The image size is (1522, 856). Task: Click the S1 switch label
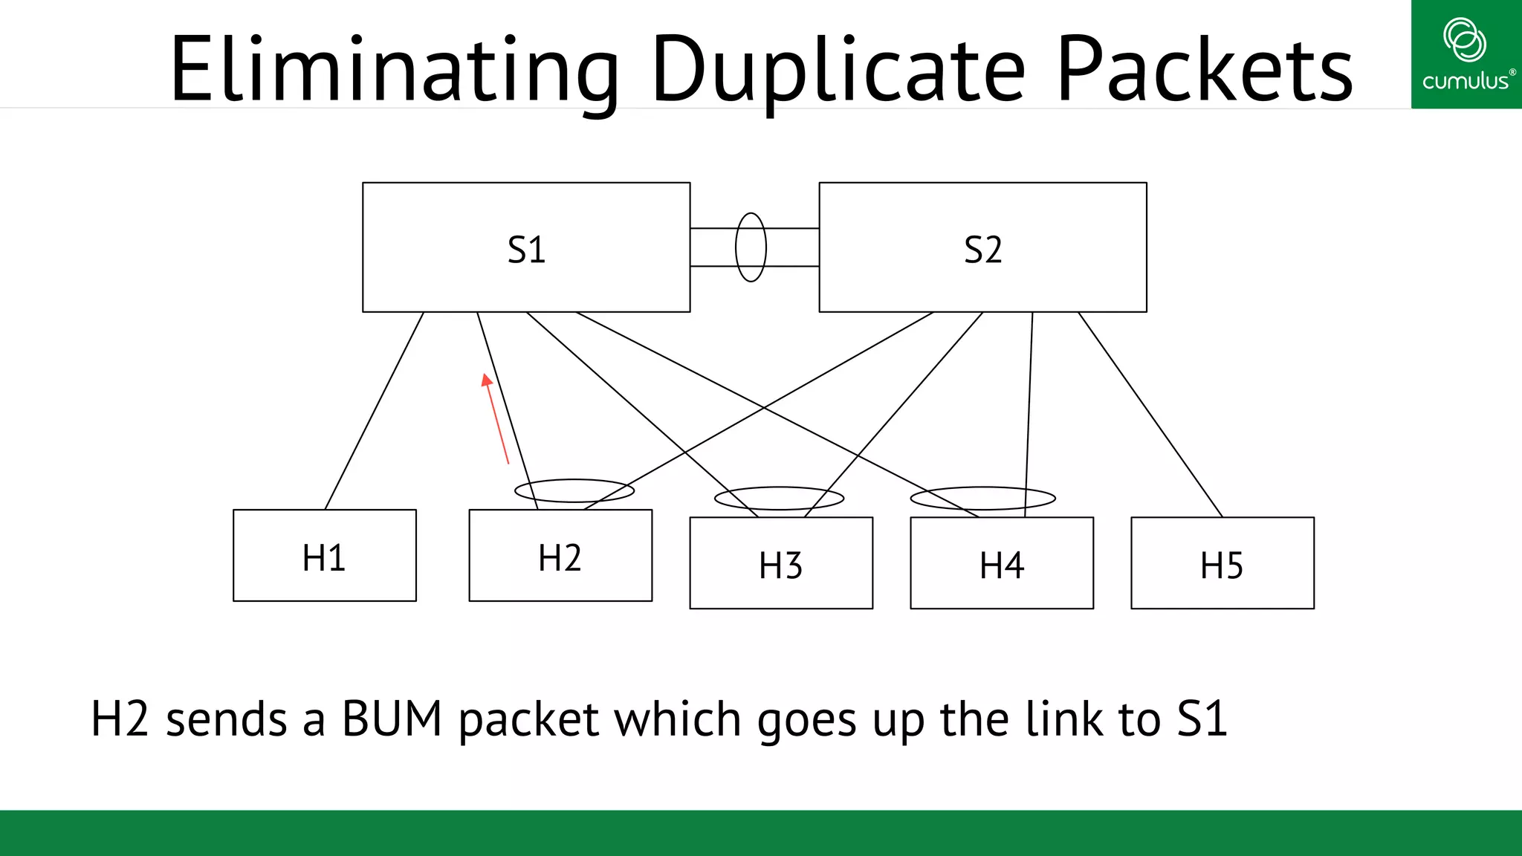[x=526, y=250]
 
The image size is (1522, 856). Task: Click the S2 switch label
[x=982, y=250]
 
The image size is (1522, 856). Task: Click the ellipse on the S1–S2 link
[x=751, y=247]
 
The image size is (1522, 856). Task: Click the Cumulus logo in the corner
[x=1466, y=54]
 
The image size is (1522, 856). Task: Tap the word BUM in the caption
[x=392, y=719]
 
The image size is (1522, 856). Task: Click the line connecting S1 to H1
[x=375, y=410]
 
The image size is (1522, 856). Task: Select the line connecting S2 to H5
[x=1150, y=415]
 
